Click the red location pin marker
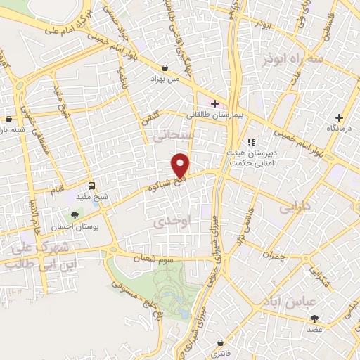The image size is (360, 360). click(x=181, y=165)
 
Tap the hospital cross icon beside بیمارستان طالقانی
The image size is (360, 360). click(x=214, y=103)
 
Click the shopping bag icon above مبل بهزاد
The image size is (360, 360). click(x=165, y=68)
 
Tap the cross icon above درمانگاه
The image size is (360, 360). click(x=340, y=117)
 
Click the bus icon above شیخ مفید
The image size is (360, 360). click(x=92, y=186)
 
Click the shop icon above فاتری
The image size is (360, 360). click(x=220, y=342)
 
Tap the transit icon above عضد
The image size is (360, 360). click(x=315, y=318)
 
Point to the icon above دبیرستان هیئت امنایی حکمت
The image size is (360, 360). click(x=251, y=142)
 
